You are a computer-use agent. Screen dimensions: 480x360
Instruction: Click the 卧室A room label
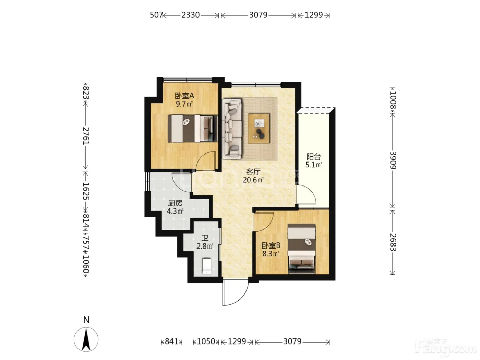[184, 96]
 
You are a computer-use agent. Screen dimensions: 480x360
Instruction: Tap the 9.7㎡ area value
[184, 104]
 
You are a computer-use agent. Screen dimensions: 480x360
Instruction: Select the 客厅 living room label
[253, 172]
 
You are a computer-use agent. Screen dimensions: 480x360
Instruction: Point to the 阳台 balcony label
[314, 156]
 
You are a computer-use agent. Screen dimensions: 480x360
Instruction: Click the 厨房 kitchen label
[175, 203]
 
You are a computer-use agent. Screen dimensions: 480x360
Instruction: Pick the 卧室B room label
[271, 246]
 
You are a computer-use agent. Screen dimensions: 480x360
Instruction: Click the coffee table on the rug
[259, 128]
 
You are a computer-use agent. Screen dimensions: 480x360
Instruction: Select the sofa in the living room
[232, 129]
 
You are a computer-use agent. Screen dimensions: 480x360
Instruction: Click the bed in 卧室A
[193, 129]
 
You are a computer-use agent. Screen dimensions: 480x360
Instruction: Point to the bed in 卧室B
[302, 249]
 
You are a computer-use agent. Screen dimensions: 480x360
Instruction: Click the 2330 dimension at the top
[191, 15]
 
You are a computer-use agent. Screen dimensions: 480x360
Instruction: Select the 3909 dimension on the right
[393, 160]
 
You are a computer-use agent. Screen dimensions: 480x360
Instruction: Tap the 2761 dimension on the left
[86, 136]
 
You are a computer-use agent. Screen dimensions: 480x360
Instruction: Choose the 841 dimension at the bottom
[171, 341]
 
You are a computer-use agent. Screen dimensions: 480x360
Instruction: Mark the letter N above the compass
[86, 320]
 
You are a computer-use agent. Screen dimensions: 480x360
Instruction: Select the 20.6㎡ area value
[253, 180]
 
